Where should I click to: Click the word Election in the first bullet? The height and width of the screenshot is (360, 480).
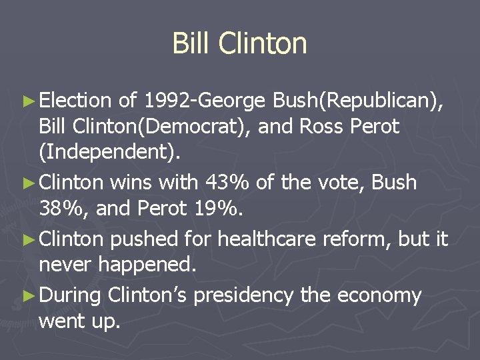75,101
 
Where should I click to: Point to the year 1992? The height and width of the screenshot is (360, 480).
165,101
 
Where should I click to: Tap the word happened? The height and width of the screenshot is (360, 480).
147,265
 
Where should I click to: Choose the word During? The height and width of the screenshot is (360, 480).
69,294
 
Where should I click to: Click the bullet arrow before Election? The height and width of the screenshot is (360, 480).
28,101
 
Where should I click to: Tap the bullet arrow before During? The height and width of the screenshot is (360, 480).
28,295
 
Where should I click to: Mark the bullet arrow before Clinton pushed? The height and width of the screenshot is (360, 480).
28,239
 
